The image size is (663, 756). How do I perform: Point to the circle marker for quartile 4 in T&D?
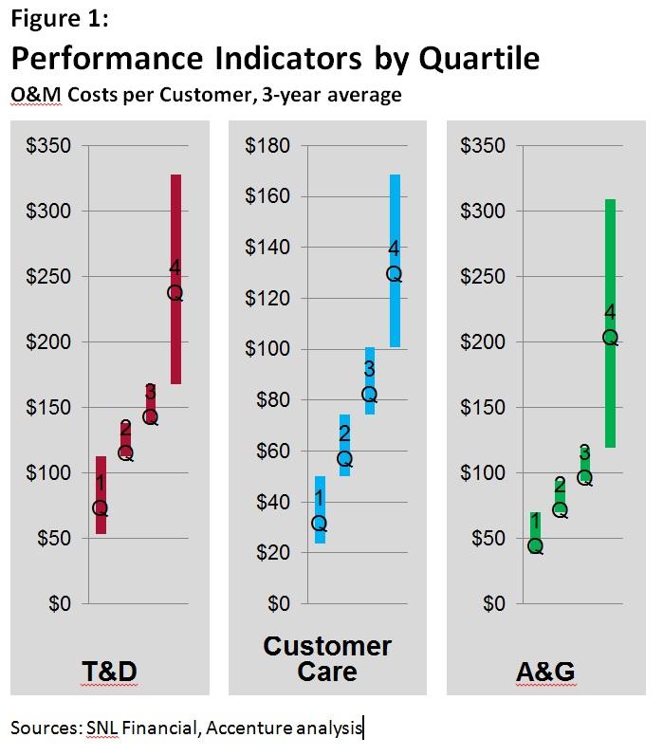tap(175, 293)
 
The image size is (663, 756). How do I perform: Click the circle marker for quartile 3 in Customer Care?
tap(370, 395)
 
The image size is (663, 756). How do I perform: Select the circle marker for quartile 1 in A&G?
tap(536, 546)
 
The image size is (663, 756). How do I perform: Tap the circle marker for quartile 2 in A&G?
tap(561, 510)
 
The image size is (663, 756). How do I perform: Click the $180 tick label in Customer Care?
tap(267, 146)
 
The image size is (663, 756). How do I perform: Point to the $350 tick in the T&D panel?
tap(49, 146)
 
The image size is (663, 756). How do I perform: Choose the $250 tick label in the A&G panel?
tap(484, 276)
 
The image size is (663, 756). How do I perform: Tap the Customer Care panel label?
tap(327, 659)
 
